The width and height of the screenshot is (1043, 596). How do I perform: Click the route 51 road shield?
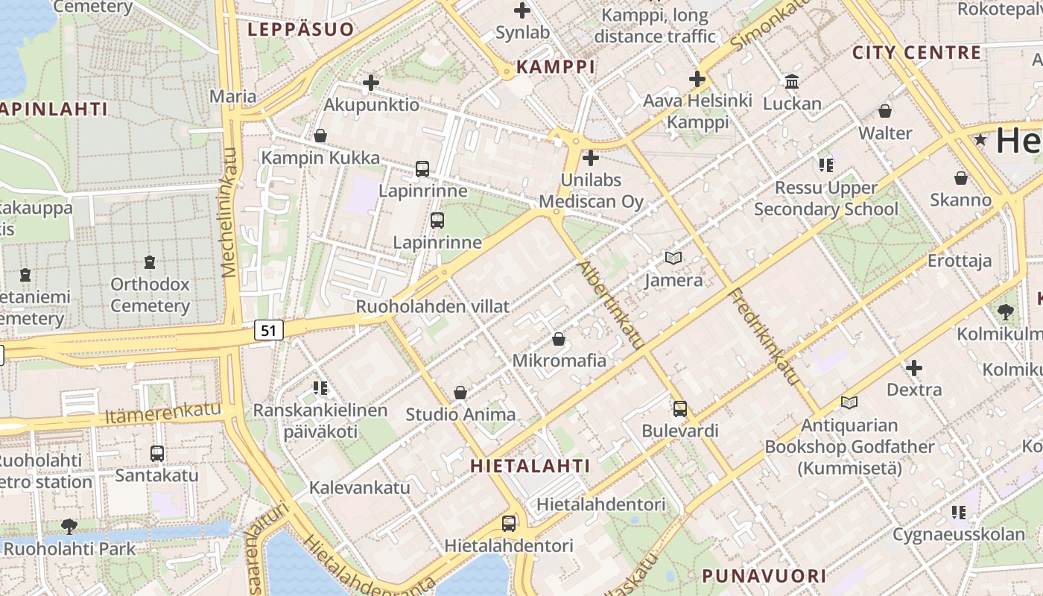coord(269,330)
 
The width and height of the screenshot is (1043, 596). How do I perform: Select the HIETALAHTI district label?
coord(530,466)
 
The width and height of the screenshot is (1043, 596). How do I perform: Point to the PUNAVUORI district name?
coord(764,576)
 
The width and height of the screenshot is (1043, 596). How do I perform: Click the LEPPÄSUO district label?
coord(300,30)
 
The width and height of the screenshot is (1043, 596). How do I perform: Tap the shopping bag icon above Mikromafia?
coord(559,340)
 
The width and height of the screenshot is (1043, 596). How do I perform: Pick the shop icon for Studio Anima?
coord(460,393)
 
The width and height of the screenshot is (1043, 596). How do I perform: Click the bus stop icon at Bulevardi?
coord(679,409)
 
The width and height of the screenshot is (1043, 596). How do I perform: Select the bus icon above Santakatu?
coord(156,453)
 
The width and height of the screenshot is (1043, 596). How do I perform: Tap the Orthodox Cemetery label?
coord(150,295)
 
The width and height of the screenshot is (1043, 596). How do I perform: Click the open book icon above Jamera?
coord(673,259)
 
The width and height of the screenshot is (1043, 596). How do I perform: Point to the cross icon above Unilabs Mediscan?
coord(591,158)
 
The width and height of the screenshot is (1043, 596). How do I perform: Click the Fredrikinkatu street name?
coord(766,336)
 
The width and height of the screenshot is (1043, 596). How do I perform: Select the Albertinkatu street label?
coord(610,305)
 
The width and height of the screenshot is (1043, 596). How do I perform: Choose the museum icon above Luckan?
coord(792,81)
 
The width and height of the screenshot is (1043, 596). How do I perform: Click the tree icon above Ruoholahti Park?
coord(69,527)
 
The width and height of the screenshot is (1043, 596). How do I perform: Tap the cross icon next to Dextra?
coord(914,368)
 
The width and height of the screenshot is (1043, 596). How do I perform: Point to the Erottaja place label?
coord(960,261)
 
